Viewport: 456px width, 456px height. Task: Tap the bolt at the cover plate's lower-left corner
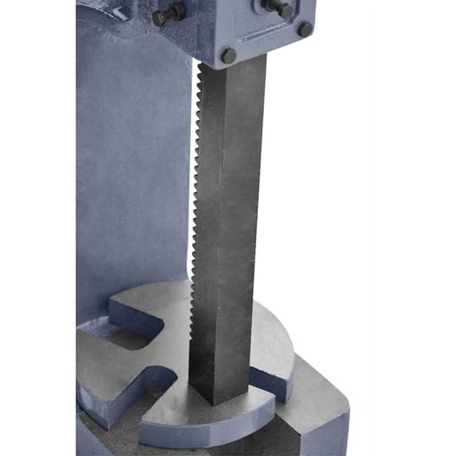(x=228, y=55)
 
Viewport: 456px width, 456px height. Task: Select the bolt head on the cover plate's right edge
(x=305, y=28)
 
